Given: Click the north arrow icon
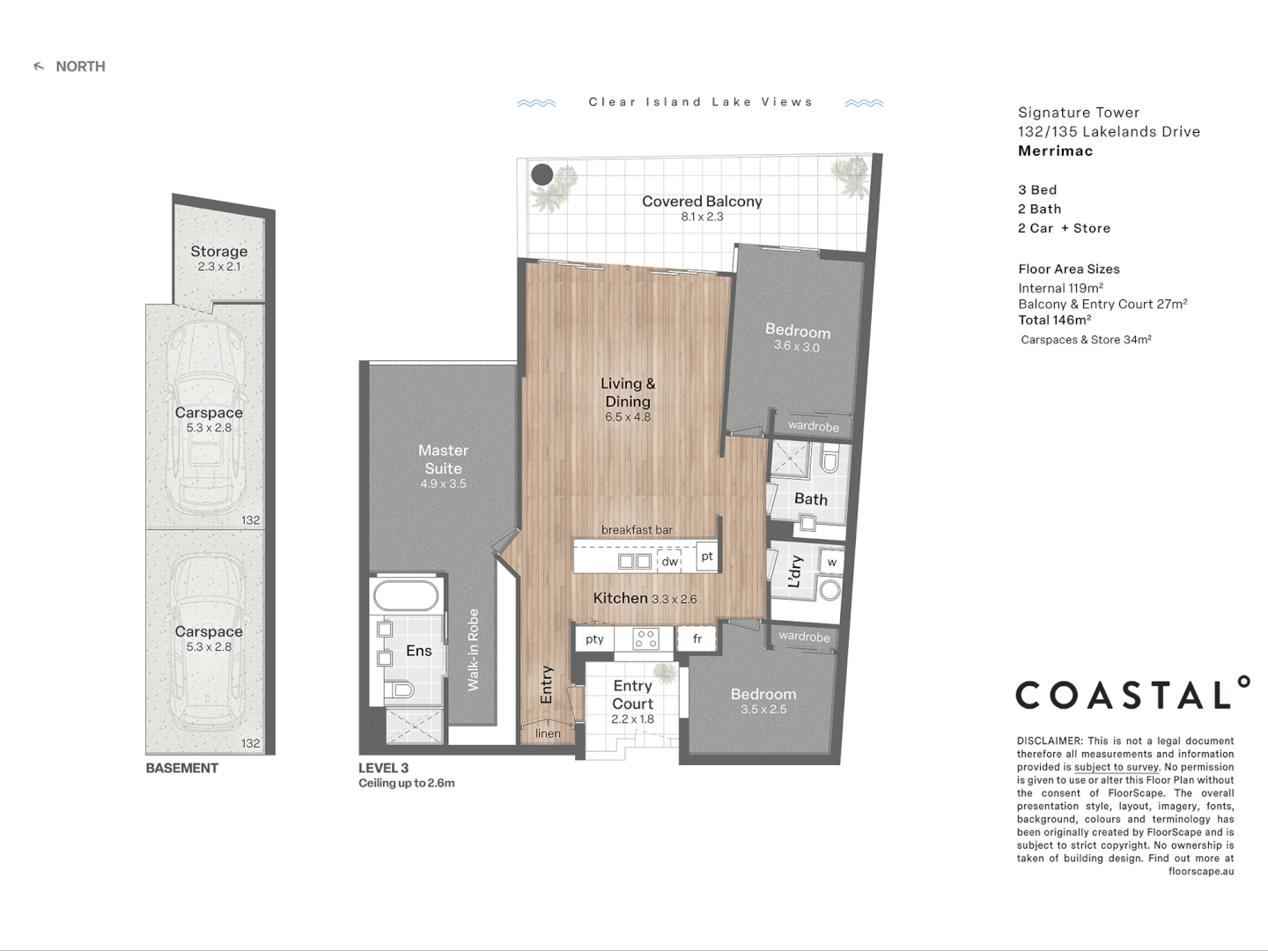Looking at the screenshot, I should coord(39,67).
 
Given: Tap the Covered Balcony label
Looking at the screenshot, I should coord(702,202).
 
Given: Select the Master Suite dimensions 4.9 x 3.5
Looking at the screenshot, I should coord(443,483).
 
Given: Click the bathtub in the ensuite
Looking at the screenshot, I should coord(406,596).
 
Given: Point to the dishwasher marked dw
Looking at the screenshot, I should coord(669,561).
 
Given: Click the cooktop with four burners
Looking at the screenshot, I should coord(645,638).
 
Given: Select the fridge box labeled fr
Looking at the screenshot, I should coord(697,638).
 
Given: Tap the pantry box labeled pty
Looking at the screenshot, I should coord(594,638).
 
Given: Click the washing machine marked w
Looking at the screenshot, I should coord(831,562).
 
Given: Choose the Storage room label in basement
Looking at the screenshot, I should coord(219,252).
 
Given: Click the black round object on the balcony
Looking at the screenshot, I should coord(542,174).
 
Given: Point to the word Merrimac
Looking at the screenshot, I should coord(1055,151).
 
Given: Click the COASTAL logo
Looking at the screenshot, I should coord(1132,695).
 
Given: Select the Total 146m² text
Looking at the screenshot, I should coord(1054,321).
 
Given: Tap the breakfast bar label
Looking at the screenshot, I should coord(637,530).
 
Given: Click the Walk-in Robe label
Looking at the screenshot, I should coord(473,650).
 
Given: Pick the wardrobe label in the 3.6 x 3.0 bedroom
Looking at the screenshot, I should coord(813,426).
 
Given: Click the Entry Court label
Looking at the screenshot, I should coord(632,695).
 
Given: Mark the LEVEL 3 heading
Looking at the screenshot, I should coord(383,768).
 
